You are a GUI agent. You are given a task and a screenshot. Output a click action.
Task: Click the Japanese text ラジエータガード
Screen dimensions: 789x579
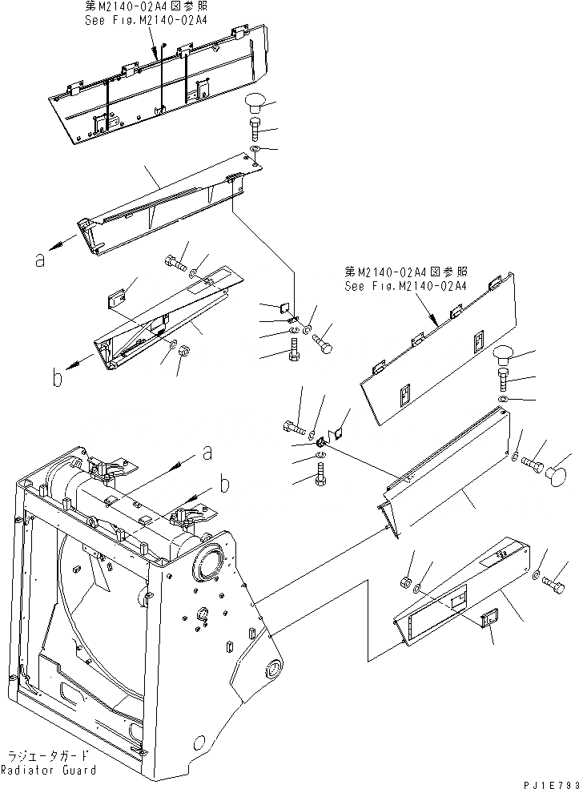[x=48, y=756]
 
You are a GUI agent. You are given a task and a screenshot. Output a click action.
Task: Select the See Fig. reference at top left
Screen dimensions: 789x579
[x=146, y=19]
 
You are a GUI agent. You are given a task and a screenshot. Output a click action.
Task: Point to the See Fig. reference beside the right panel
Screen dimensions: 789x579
[x=405, y=284]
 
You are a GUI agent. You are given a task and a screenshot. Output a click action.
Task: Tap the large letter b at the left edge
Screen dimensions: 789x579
[x=57, y=377]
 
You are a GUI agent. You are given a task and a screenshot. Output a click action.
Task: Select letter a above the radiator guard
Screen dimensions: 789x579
[x=207, y=453]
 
